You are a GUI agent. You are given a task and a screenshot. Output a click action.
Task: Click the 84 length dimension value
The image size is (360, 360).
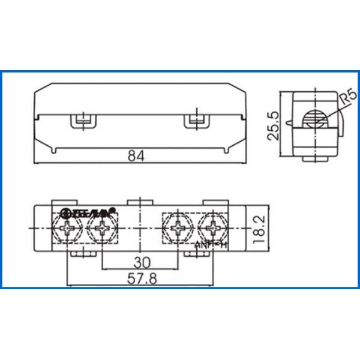point(136,155)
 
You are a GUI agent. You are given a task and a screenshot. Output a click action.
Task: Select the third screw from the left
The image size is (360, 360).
point(178,229)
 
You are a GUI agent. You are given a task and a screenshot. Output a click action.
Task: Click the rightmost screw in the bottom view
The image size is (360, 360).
point(211,229)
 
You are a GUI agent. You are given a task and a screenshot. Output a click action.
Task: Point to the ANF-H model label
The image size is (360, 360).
point(212,245)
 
